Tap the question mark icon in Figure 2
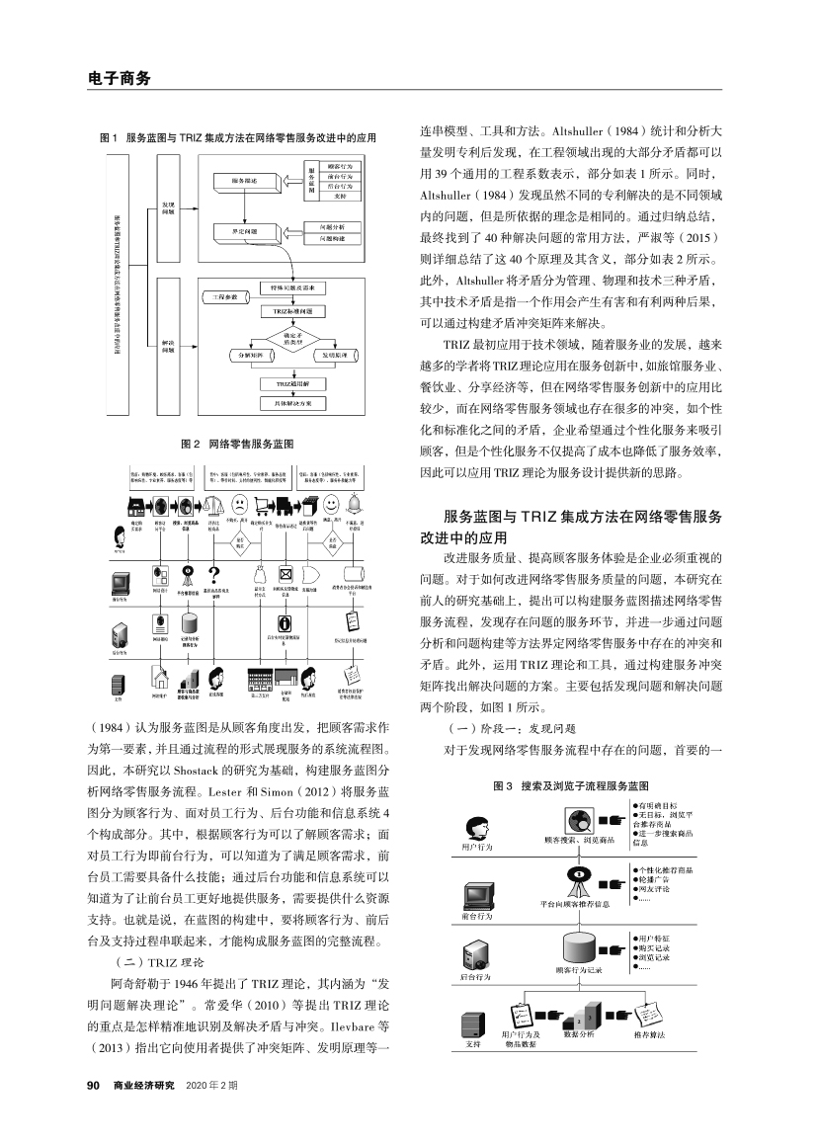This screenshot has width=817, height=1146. (215, 575)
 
